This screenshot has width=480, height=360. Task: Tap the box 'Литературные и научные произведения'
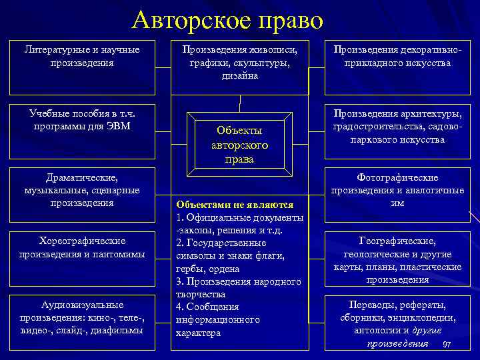(81, 57)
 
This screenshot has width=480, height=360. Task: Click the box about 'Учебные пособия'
(81, 119)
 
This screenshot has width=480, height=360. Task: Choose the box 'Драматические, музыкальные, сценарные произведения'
(81, 191)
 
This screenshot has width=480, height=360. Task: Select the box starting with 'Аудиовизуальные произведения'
(81, 317)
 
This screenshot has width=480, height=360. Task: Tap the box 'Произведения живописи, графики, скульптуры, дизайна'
(240, 63)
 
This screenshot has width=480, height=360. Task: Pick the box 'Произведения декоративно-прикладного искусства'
(397, 57)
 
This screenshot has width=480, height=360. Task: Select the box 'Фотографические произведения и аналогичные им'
(397, 191)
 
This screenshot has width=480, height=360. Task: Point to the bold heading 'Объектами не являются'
(234, 205)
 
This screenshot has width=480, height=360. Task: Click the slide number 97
(447, 344)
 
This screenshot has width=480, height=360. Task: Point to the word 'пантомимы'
(119, 254)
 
